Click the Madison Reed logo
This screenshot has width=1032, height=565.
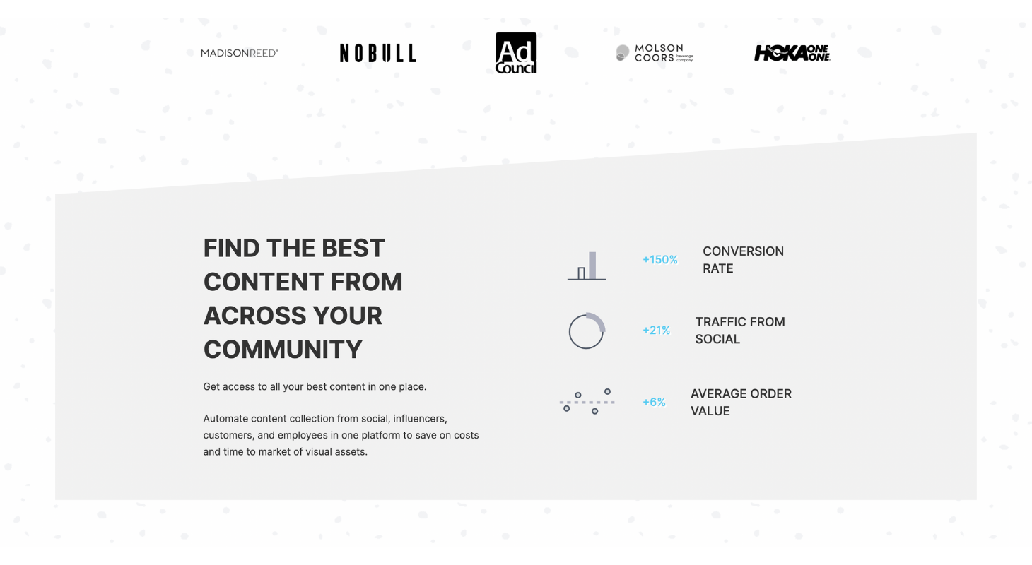pos(240,53)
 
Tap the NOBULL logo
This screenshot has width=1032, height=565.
pos(377,53)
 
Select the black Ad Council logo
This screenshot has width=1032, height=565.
pos(516,53)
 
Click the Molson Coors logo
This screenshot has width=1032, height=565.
pos(655,53)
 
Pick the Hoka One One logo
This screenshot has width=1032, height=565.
pos(792,53)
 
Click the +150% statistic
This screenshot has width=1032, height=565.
pos(659,260)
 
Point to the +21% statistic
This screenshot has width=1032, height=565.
pos(656,330)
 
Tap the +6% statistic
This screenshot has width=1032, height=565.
pos(654,402)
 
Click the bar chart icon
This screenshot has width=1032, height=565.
pos(587,266)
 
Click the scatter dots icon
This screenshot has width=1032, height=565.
pos(587,402)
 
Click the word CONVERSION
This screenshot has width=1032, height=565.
pos(743,251)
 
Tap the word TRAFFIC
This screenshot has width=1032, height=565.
pos(720,322)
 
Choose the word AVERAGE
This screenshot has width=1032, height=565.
pos(718,393)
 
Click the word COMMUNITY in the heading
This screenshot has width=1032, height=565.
pos(283,350)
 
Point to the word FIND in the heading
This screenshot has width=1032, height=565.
pos(232,248)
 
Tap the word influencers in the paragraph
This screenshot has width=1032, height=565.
pos(420,419)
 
